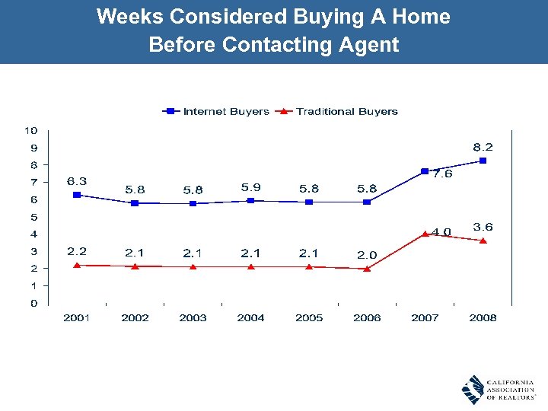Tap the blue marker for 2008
[x=483, y=161]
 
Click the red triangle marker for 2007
[x=425, y=234]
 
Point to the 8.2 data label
[x=483, y=147]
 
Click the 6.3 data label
[x=76, y=181]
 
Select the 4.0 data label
[x=441, y=231]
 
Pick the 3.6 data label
[x=483, y=227]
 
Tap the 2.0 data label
[x=367, y=255]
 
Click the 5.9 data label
[x=250, y=186]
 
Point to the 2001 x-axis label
[x=76, y=317]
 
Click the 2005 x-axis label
[x=308, y=317]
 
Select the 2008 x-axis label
[x=483, y=317]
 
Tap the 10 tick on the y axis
[x=33, y=130]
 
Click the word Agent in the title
[x=369, y=45]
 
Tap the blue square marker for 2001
[x=76, y=195]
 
